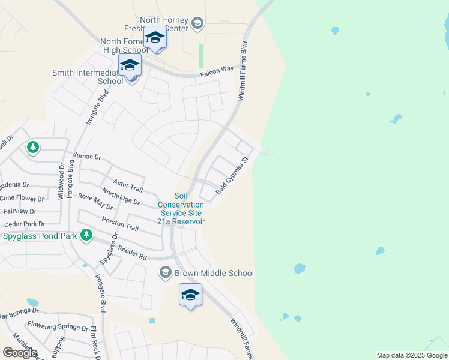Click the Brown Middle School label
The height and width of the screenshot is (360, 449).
click(214, 273)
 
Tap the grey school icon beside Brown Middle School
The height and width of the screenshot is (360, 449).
click(166, 273)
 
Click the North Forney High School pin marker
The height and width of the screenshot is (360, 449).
click(155, 38)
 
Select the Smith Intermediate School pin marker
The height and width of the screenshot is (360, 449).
click(130, 65)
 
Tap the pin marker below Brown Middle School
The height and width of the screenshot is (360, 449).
click(190, 295)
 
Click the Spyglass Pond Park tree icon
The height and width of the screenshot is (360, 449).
click(87, 235)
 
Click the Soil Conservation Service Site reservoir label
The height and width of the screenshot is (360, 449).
click(181, 209)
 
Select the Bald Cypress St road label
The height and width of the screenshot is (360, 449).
click(232, 176)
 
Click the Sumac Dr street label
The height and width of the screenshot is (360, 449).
click(88, 156)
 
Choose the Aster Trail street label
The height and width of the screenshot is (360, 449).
click(127, 185)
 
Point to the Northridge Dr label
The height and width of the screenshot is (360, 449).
click(121, 197)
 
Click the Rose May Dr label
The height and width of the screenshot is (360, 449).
click(95, 202)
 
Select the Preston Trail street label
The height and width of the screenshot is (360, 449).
click(120, 224)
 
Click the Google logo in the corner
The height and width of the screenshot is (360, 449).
click(20, 353)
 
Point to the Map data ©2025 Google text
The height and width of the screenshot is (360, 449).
click(412, 355)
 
